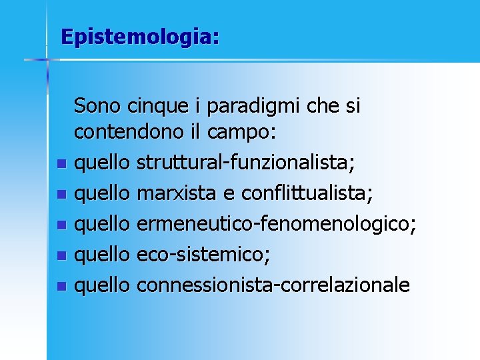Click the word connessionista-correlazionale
[x=273, y=285]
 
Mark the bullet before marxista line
[x=61, y=195]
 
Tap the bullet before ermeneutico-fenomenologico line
[x=61, y=225]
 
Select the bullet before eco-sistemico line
[x=61, y=256]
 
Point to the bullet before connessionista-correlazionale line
[x=61, y=287]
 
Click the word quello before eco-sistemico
[x=102, y=255]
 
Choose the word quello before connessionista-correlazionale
[x=102, y=286]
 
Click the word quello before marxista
[x=102, y=194]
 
